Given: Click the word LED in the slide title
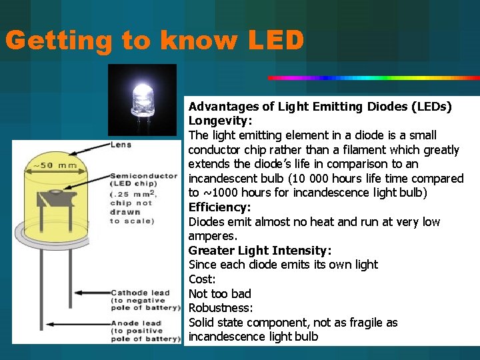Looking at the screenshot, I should point(276,41).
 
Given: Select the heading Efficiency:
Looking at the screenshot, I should point(220,207).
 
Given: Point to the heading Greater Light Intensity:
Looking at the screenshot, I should point(260,251).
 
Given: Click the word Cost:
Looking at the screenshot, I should point(201,279).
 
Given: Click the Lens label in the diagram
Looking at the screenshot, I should point(121,145).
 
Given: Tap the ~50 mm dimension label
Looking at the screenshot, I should point(51,165).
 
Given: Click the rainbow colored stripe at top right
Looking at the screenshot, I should point(373,78).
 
